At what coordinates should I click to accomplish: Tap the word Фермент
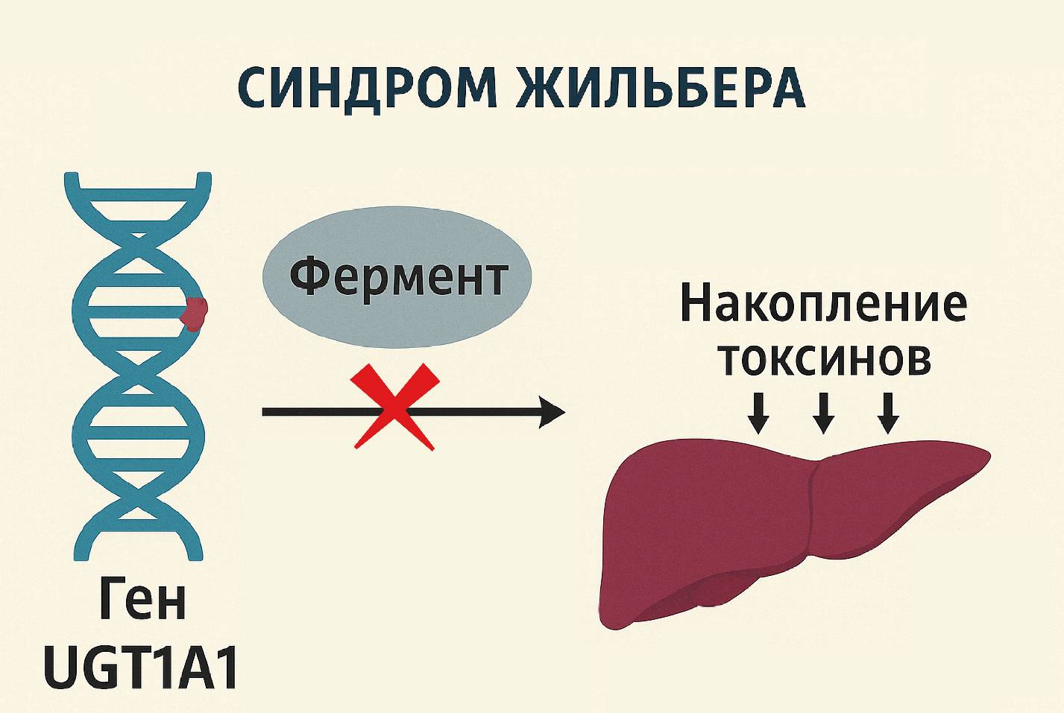(398, 276)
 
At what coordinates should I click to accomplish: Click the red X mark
(394, 407)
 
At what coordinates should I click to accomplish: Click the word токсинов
(824, 358)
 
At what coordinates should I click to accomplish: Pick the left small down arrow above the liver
(758, 413)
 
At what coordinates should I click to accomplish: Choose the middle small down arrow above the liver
(823, 413)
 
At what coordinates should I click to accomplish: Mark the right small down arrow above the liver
(887, 413)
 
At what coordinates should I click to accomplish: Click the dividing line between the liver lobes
(813, 514)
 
